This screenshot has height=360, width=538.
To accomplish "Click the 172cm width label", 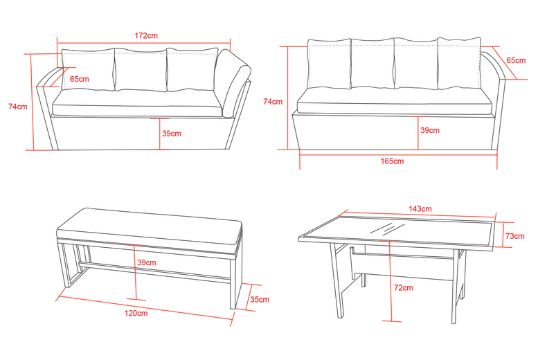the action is (146, 35).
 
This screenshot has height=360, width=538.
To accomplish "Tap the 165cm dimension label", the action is (392, 161).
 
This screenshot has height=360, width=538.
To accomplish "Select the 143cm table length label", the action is (420, 208).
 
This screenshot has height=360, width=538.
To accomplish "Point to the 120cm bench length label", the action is (136, 313).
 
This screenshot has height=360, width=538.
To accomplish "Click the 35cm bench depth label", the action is (259, 299).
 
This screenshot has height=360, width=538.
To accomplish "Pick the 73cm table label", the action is (515, 236).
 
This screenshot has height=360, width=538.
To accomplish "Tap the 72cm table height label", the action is (404, 288).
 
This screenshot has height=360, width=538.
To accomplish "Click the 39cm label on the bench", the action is (147, 263).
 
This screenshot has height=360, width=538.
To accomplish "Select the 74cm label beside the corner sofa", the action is (18, 106).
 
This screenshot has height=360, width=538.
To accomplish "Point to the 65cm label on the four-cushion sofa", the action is (516, 60).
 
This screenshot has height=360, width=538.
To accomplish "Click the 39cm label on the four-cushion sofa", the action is (430, 130).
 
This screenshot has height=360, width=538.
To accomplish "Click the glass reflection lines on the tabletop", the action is (387, 228).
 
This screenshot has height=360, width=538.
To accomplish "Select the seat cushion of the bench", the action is (150, 228).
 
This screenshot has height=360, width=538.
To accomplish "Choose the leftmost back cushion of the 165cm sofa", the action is (329, 64).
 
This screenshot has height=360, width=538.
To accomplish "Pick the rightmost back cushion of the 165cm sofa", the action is (459, 63).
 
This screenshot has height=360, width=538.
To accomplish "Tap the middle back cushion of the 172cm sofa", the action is (141, 70).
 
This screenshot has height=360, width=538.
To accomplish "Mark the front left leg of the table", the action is (337, 280).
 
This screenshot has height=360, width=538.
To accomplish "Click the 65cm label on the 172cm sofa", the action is (80, 79).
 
